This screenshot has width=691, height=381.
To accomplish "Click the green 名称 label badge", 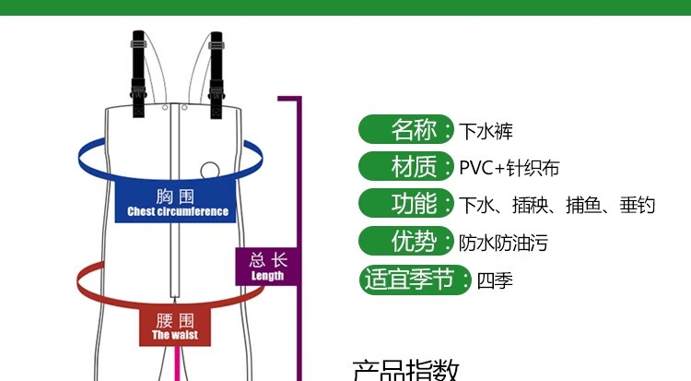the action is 406,129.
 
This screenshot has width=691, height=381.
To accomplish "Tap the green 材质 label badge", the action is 406,167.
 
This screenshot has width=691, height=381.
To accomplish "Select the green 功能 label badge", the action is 406,204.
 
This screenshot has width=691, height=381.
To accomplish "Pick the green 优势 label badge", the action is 406,243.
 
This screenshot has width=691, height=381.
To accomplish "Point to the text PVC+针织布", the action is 509,168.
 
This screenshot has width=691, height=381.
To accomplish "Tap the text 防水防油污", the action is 503,244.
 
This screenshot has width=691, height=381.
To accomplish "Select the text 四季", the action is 495,280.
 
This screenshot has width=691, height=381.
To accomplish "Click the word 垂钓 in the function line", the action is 637,205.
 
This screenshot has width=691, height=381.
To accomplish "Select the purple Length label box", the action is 267,266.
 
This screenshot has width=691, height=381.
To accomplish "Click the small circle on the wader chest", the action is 210,172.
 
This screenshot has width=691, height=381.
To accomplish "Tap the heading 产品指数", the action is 405,371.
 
